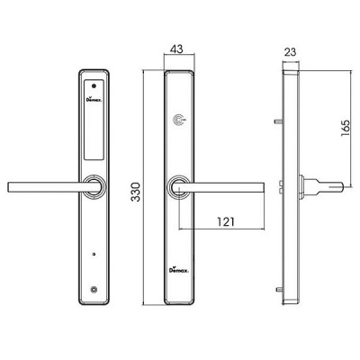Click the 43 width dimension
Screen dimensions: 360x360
pyautogui.click(x=176, y=49)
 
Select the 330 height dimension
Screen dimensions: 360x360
pyautogui.click(x=136, y=192)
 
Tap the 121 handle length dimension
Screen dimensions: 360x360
pyautogui.click(x=225, y=221)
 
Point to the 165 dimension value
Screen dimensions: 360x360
pyautogui.click(x=346, y=128)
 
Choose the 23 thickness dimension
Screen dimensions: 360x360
pyautogui.click(x=290, y=52)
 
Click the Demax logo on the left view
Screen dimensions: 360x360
pyautogui.click(x=94, y=100)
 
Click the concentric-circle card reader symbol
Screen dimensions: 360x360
pyautogui.click(x=179, y=120)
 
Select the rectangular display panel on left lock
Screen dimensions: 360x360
pyautogui.click(x=94, y=119)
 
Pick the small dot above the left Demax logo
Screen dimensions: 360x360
pyautogui.click(x=94, y=86)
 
